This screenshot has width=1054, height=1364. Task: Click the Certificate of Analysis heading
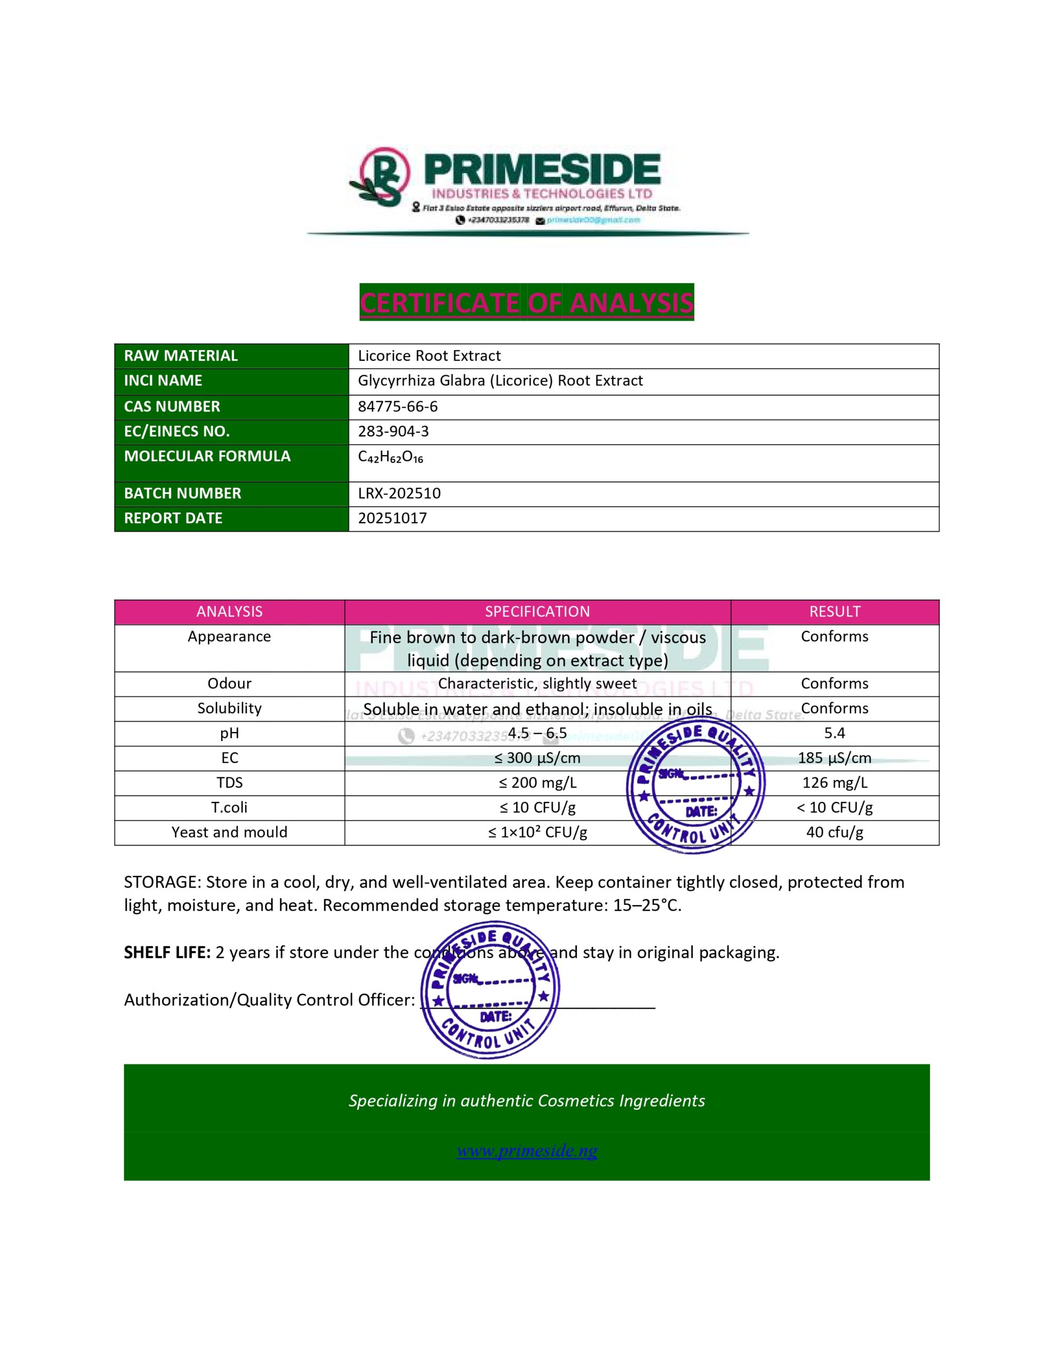pos(526,303)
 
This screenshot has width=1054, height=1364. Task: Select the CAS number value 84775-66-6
pos(398,407)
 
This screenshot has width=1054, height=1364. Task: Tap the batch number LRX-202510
pos(399,493)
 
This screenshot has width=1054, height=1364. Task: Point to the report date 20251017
pos(392,518)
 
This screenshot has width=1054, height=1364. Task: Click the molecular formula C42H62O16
pos(391,457)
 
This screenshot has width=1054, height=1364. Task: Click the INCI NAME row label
pos(163,381)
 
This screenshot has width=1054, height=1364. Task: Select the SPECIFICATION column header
pos(537,612)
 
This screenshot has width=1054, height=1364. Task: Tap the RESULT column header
pos(834,612)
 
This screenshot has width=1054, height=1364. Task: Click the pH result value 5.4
pos(834,733)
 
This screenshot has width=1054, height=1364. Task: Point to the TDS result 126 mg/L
pos(834,783)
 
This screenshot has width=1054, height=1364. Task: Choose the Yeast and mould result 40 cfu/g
pos(834,832)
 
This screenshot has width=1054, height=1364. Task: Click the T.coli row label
pos(229,808)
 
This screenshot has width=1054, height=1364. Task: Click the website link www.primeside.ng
pos(526,1150)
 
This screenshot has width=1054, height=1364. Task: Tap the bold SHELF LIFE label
pos(167,953)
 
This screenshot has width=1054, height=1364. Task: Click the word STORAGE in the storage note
pos(162,882)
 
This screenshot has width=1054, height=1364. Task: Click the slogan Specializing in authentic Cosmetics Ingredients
pos(526,1100)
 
